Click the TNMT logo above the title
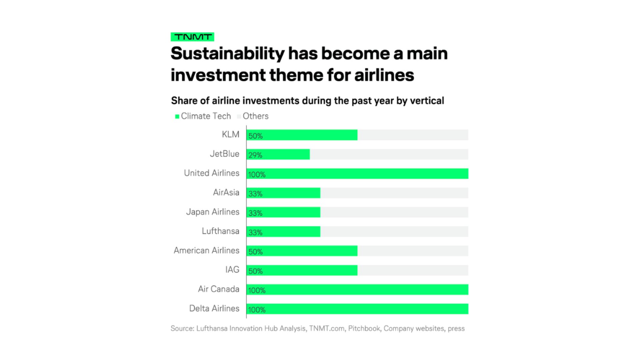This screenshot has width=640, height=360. pos(192,37)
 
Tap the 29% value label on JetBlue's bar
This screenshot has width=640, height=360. pos(255,155)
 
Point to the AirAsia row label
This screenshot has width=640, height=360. pos(226,192)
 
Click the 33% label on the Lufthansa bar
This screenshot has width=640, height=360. pos(255,232)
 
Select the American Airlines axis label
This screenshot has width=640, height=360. pos(206,250)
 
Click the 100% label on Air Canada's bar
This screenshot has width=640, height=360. pos(257,290)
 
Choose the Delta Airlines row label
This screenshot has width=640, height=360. pos(214,308)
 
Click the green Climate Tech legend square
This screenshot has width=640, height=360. pos(177,116)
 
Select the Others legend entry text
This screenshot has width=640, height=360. pos(255,116)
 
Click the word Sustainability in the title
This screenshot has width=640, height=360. pos(228,54)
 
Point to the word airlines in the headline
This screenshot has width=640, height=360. pos(384,75)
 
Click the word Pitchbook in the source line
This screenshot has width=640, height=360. pos(364,328)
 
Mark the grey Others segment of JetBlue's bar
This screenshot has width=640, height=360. pos(389,154)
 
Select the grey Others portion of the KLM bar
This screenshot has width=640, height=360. pos(413,135)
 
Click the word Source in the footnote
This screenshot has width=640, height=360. pos(182,328)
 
